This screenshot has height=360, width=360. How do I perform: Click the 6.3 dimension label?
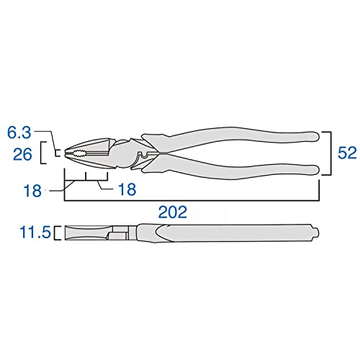click(x=19, y=132)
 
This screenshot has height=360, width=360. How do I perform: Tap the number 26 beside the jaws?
click(x=22, y=154)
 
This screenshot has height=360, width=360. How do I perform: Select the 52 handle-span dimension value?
click(x=347, y=153)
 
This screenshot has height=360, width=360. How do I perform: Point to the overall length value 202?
click(x=173, y=212)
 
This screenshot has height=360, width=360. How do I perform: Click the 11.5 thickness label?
click(x=35, y=233)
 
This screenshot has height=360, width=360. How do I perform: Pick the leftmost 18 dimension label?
click(x=32, y=191)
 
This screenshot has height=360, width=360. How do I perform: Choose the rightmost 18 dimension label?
click(x=127, y=189)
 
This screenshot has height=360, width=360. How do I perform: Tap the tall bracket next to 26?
click(x=42, y=153)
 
